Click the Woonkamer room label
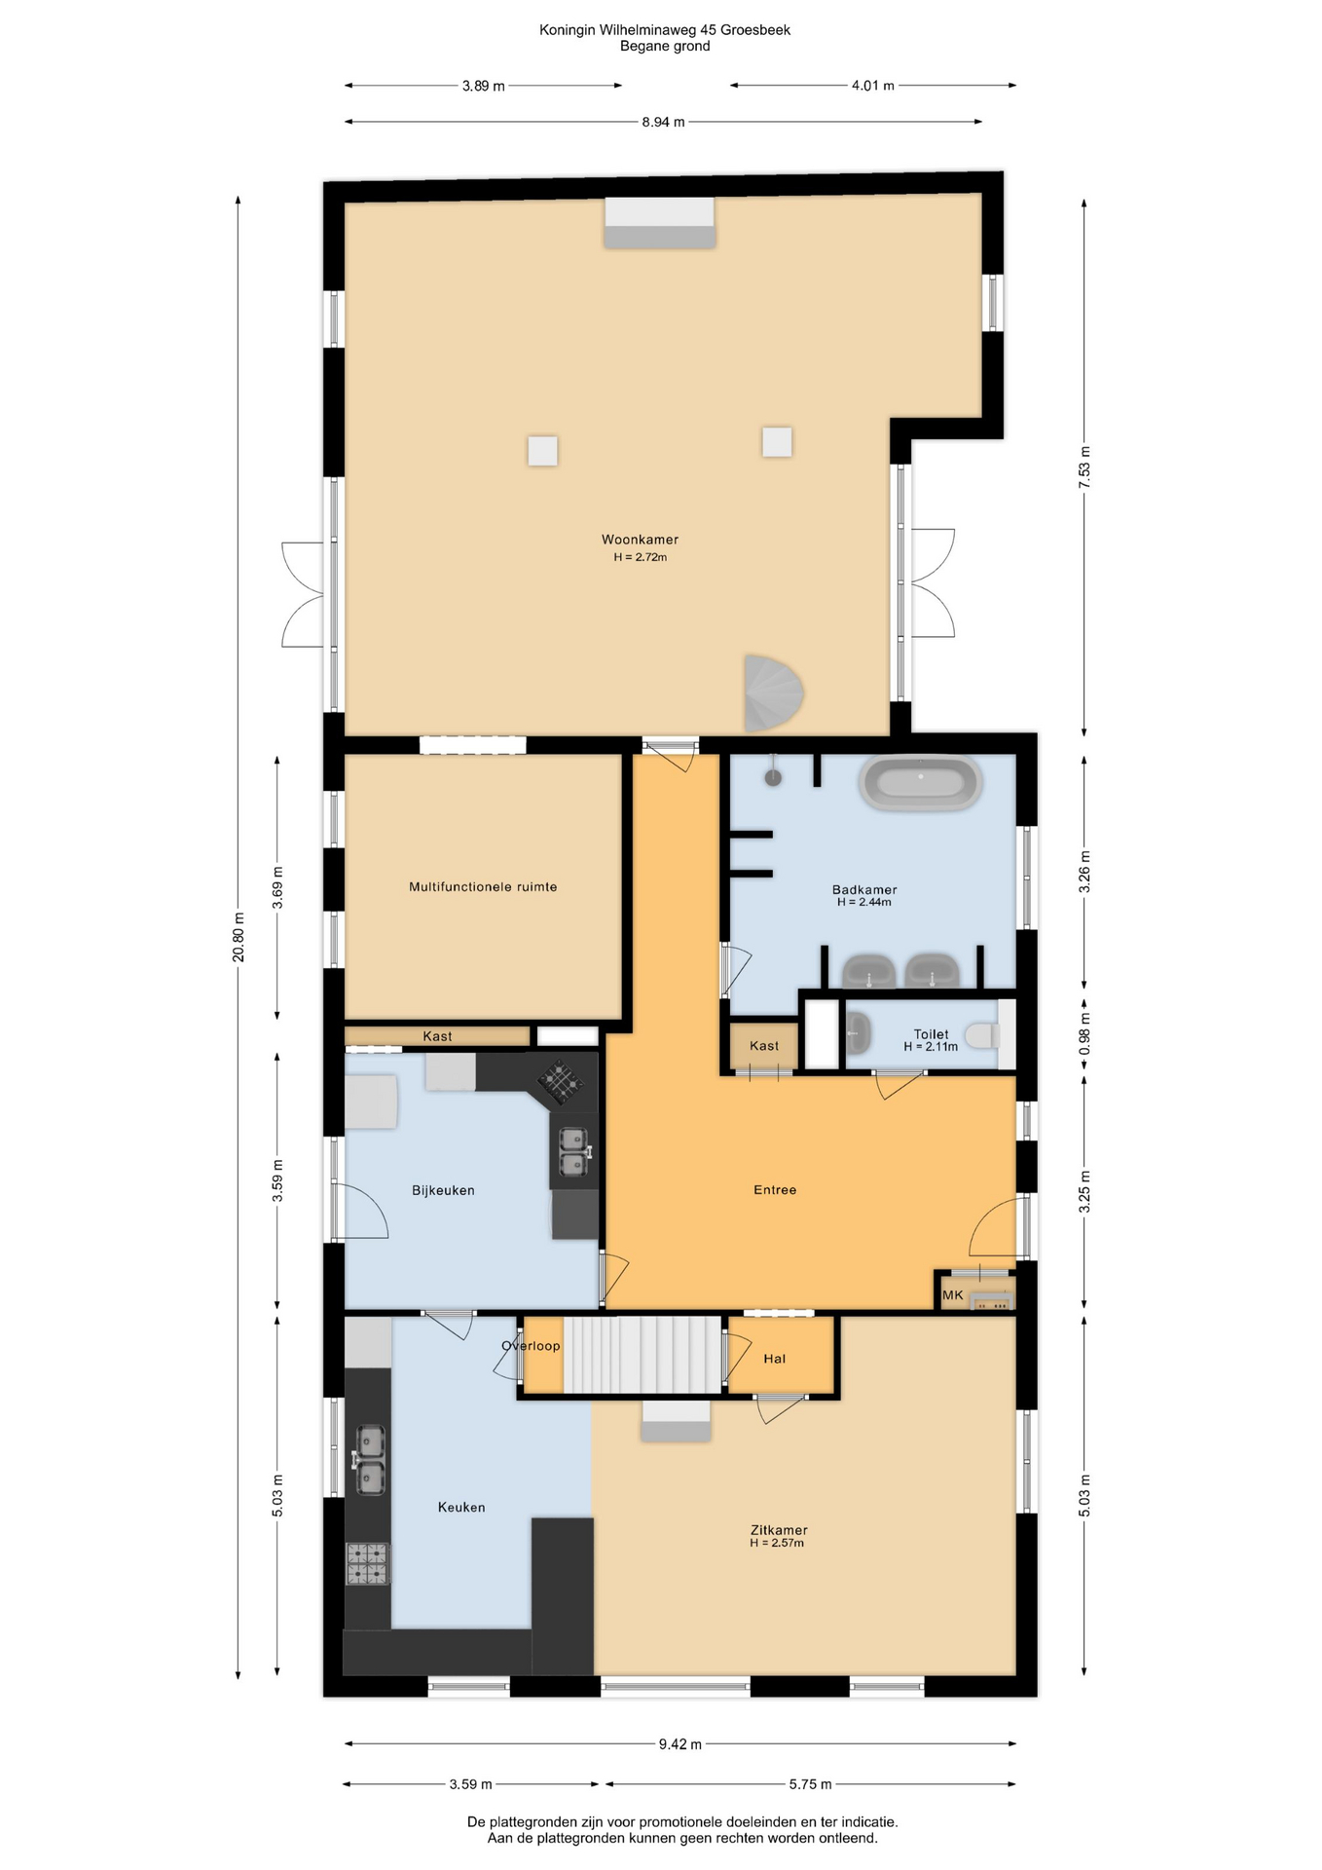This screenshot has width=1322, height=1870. [640, 540]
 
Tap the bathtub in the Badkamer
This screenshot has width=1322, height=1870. [920, 783]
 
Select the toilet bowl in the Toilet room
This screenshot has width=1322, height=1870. [983, 1034]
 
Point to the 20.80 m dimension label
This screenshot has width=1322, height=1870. [239, 938]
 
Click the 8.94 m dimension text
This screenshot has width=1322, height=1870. [663, 122]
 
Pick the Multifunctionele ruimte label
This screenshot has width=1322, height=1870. [483, 887]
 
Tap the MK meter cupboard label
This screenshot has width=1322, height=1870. [953, 1295]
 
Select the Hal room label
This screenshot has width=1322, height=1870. [775, 1359]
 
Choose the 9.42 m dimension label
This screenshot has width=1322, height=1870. [679, 1744]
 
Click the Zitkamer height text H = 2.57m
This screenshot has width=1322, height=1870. [777, 1543]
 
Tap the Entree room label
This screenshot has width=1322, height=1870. [775, 1190]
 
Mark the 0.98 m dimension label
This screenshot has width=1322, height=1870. [1085, 1034]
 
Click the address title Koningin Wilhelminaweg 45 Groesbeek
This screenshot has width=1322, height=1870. [665, 30]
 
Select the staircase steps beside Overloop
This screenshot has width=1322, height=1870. [643, 1355]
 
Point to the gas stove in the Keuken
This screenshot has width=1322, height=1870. [368, 1563]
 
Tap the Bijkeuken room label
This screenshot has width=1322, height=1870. [443, 1190]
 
